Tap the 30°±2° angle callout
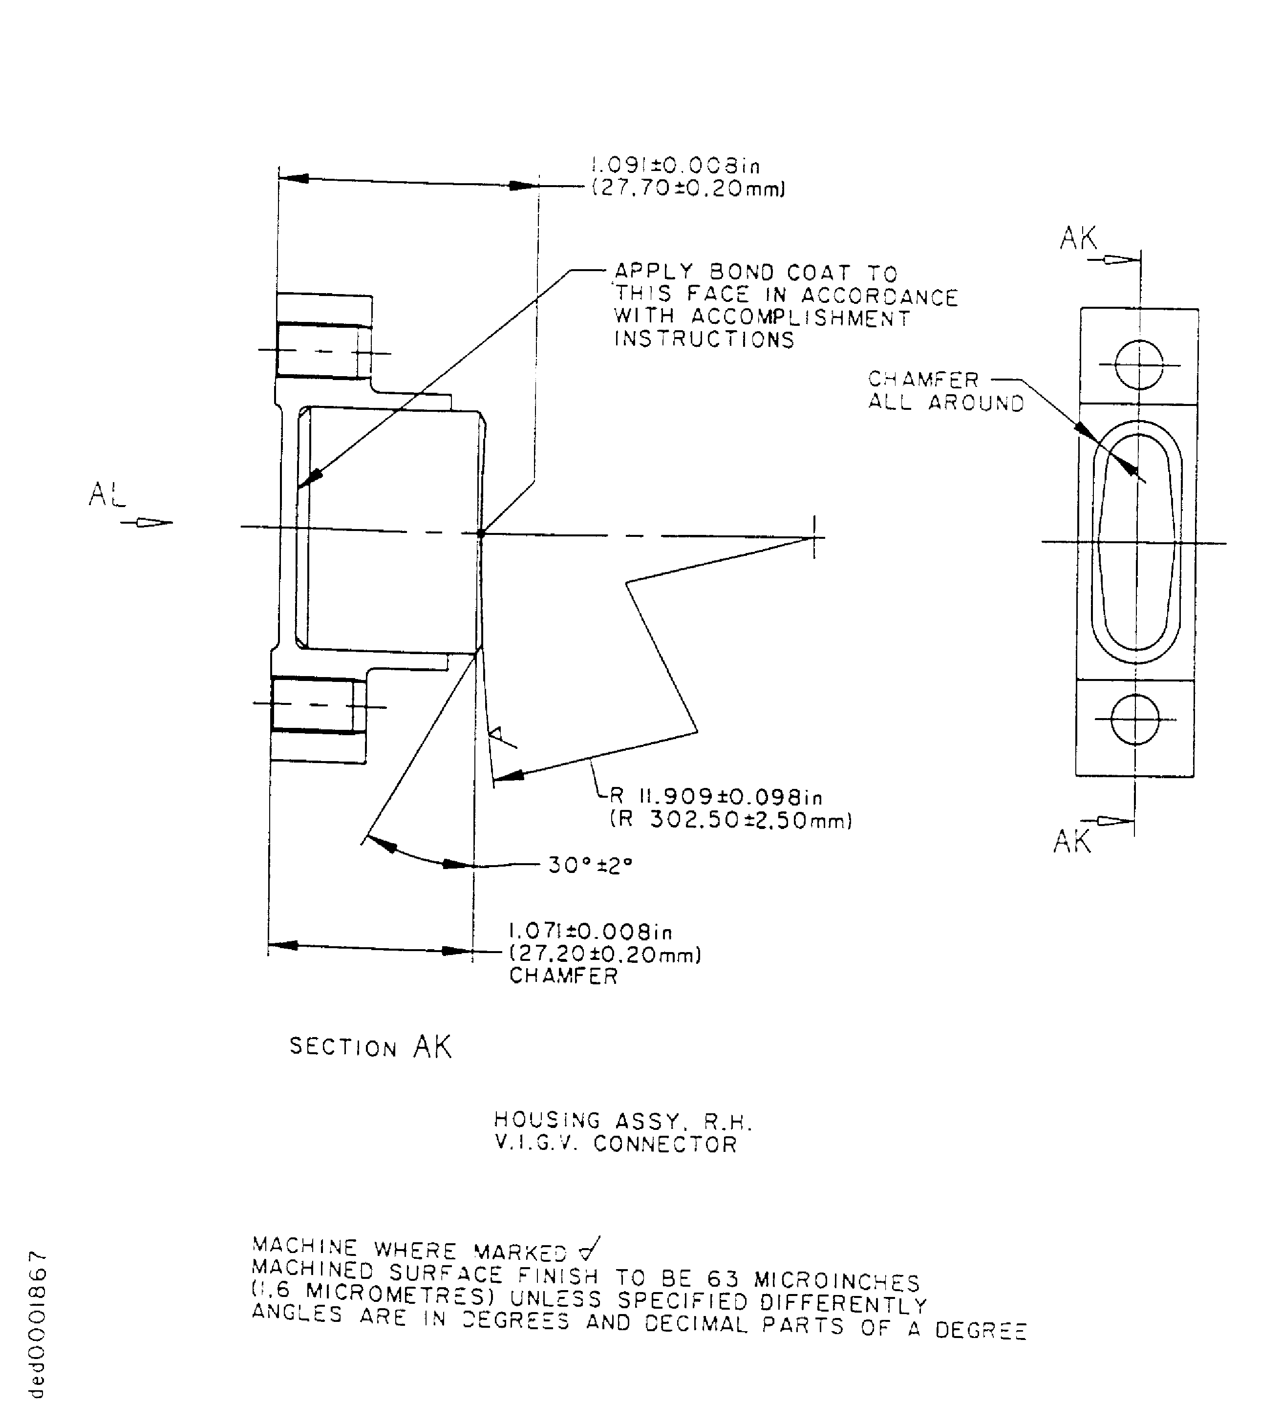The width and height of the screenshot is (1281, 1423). pyautogui.click(x=590, y=865)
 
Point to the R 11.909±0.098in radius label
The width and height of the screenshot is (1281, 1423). pyautogui.click(x=716, y=797)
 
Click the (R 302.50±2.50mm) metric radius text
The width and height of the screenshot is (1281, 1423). pyautogui.click(x=730, y=820)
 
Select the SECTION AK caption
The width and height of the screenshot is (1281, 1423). pyautogui.click(x=370, y=1047)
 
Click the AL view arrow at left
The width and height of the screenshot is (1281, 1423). pyautogui.click(x=144, y=522)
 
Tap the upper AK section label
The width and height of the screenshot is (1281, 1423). pyautogui.click(x=1078, y=238)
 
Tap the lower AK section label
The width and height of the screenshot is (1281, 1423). pyautogui.click(x=1072, y=841)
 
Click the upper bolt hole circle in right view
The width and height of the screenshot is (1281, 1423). pyautogui.click(x=1139, y=364)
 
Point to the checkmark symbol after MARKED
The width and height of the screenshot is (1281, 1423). pyautogui.click(x=588, y=1249)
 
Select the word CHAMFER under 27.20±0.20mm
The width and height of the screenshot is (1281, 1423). pyautogui.click(x=563, y=976)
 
